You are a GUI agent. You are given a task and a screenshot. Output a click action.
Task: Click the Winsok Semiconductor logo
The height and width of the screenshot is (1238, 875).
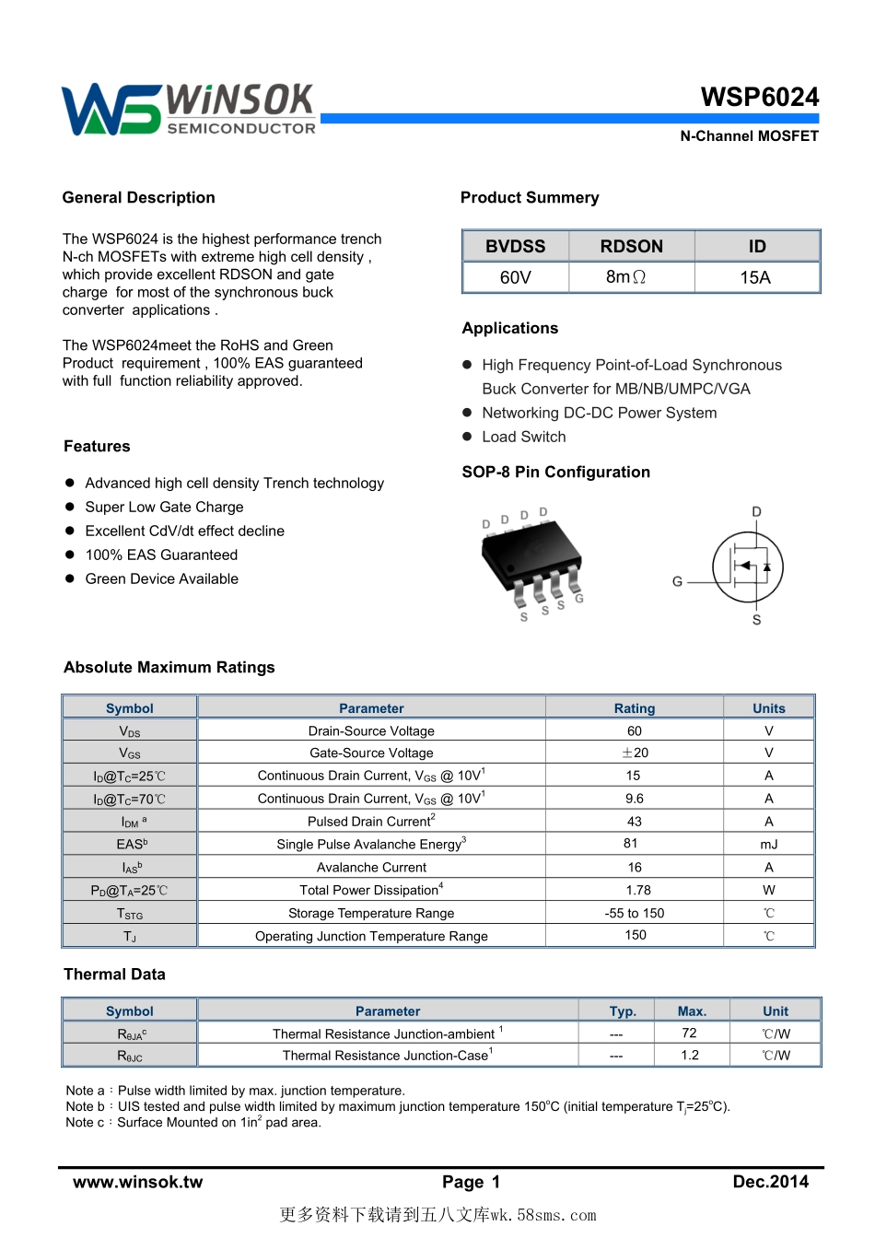tap(189, 110)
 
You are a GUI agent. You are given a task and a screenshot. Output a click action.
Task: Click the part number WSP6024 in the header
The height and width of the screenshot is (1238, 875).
tap(759, 97)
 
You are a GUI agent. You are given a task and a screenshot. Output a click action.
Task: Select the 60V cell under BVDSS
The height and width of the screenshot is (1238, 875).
tap(515, 277)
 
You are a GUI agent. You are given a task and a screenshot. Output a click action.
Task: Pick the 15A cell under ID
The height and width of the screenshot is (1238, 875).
tap(755, 277)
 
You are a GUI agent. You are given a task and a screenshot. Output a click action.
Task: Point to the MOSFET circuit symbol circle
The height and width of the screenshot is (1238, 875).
tap(748, 567)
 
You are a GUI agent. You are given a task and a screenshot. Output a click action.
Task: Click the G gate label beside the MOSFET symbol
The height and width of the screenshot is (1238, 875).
tap(677, 582)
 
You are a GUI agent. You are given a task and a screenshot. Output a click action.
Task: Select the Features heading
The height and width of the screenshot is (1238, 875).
tap(97, 447)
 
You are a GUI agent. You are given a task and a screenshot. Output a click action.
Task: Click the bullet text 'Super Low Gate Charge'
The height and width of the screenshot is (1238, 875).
tap(164, 508)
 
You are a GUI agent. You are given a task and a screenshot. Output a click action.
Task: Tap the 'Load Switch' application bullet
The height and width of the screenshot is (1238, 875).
tap(523, 438)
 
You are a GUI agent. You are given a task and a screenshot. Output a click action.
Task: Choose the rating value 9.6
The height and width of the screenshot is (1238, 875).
tap(634, 799)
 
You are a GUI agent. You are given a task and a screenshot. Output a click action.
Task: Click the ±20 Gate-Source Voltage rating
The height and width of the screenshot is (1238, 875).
tap(634, 753)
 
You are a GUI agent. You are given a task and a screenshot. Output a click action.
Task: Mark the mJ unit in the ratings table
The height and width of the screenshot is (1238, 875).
tap(768, 844)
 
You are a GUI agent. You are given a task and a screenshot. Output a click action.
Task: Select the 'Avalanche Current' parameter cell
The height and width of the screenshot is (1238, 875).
tap(371, 868)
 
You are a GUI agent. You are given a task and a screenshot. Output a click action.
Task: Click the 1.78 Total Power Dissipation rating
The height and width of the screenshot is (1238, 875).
tap(637, 890)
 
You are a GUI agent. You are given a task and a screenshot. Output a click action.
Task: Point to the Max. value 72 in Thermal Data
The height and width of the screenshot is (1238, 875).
tap(689, 1034)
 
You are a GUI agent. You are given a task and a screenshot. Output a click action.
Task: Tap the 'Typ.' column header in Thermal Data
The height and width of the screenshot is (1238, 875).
tap(623, 1011)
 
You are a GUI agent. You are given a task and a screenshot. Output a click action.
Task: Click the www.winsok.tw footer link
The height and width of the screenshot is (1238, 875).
tap(138, 1182)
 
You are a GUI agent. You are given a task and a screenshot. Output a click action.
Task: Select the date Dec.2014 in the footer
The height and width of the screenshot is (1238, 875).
tap(770, 1182)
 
